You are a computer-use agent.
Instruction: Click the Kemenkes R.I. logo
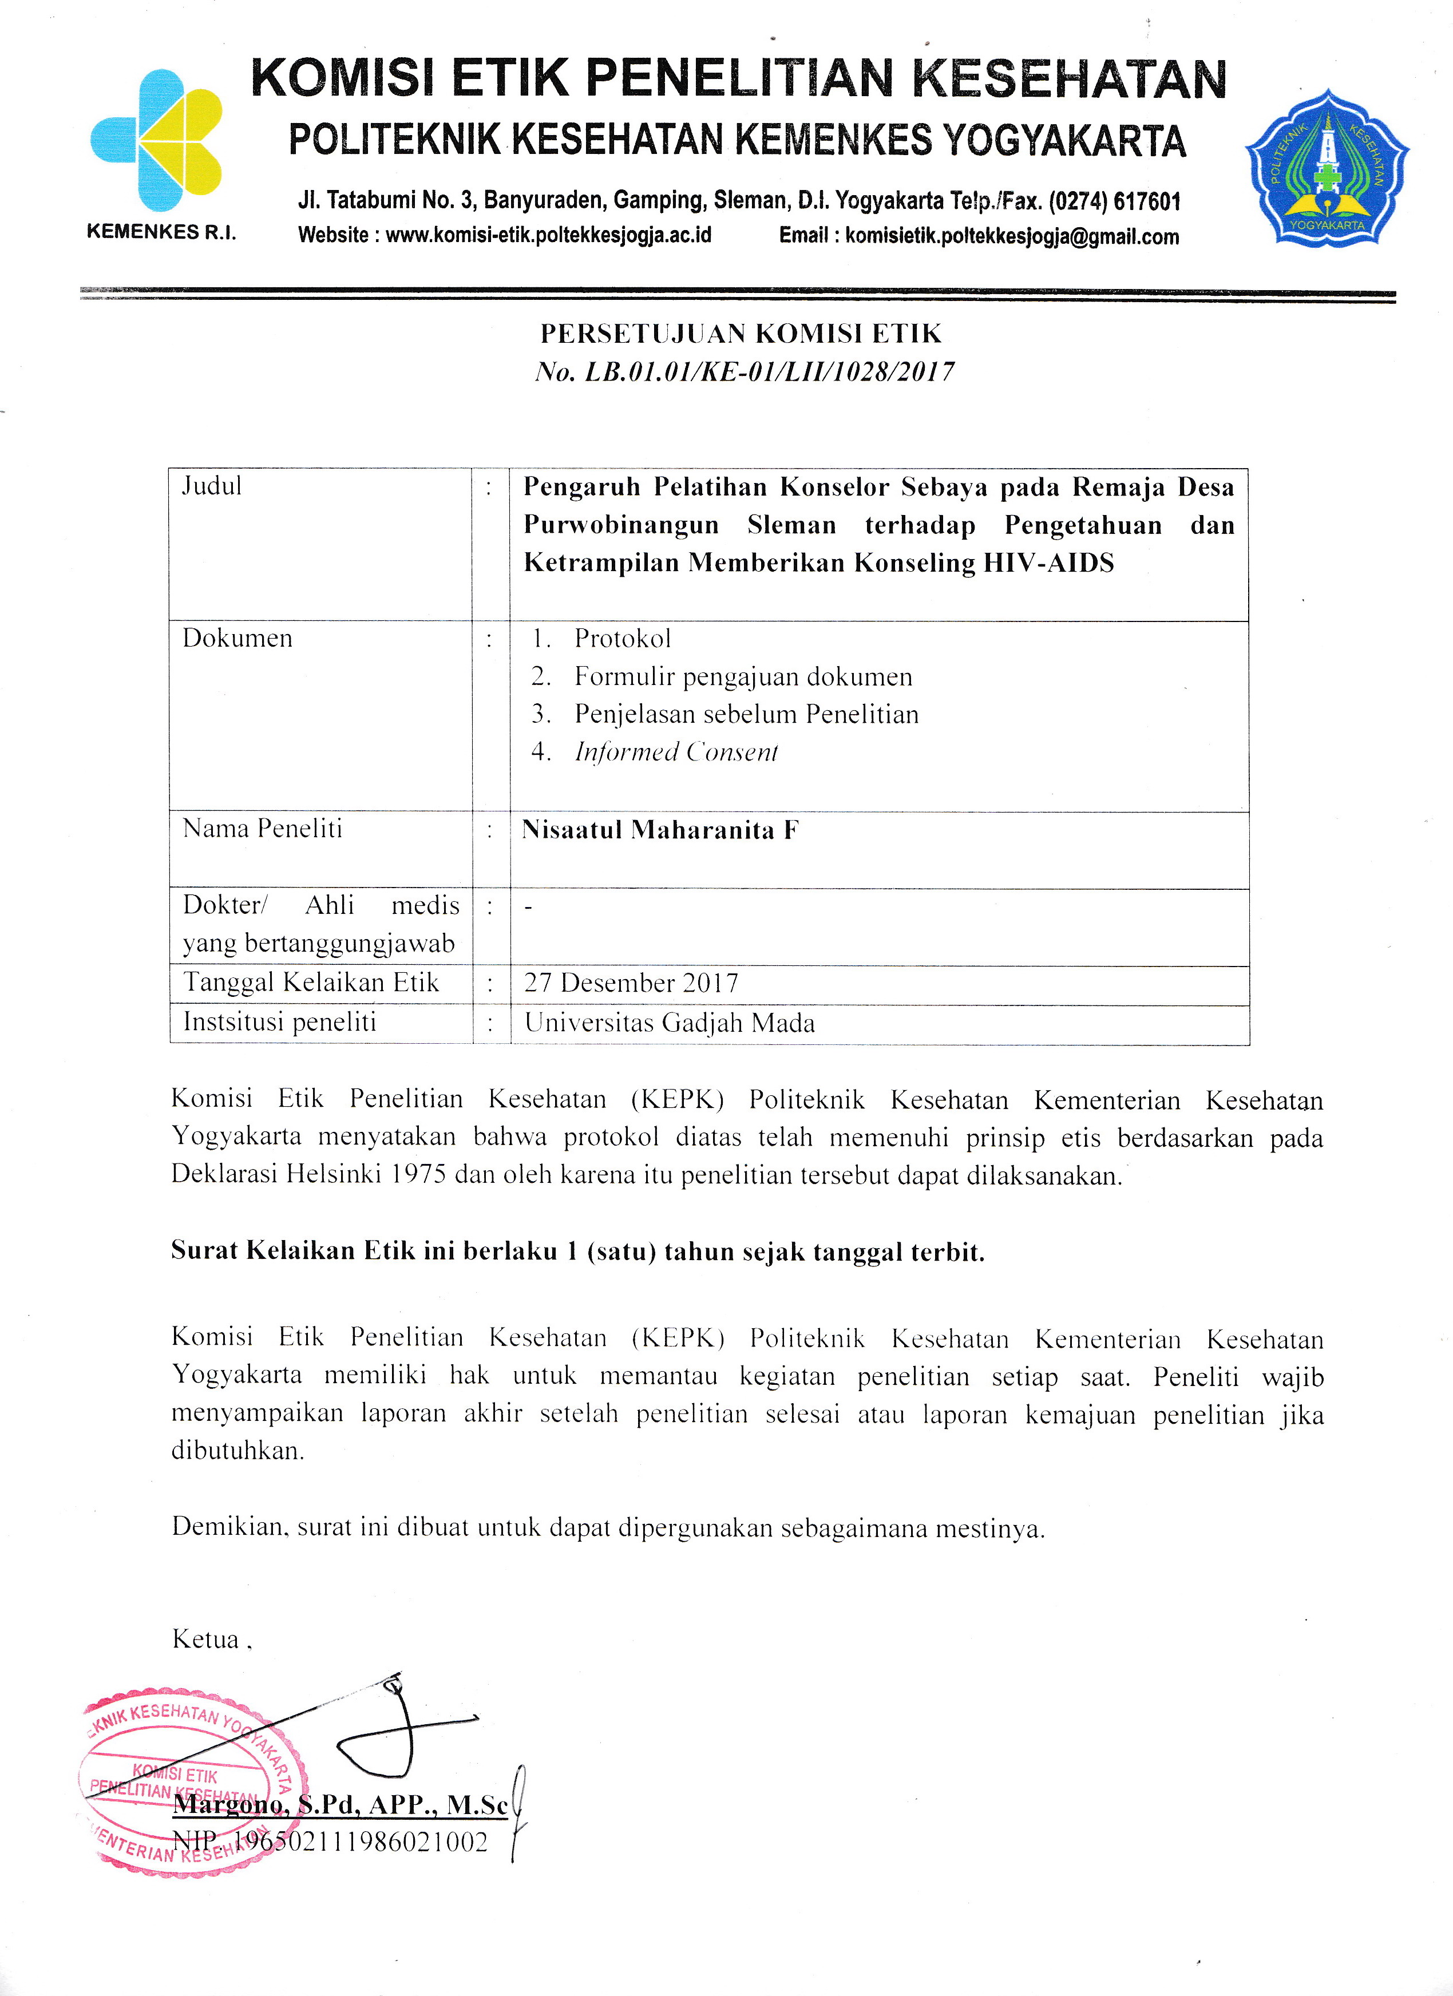point(157,141)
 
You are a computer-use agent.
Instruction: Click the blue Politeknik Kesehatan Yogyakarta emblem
point(1327,167)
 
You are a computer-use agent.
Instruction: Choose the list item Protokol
point(622,639)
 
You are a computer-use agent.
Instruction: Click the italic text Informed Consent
point(676,753)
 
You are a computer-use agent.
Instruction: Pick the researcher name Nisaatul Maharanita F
point(660,830)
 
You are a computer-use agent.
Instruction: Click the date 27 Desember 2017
point(631,983)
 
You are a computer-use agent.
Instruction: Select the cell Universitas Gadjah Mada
point(670,1023)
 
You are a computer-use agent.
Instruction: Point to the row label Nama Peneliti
point(262,829)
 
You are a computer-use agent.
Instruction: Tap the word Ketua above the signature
point(206,1639)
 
